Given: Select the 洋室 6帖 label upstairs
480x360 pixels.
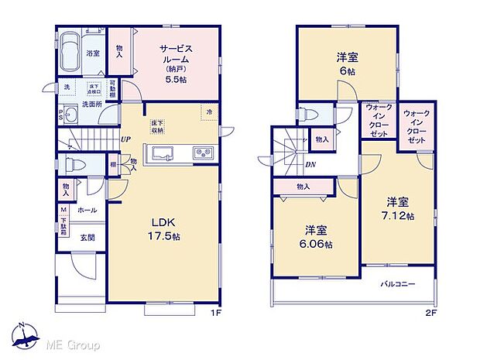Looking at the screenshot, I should (x=346, y=62).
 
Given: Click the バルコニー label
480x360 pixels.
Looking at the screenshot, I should (x=397, y=283).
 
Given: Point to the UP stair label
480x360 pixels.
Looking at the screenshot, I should (x=125, y=140).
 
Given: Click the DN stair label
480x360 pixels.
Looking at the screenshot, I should (x=310, y=164).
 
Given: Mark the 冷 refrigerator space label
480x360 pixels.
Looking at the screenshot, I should (x=208, y=112).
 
